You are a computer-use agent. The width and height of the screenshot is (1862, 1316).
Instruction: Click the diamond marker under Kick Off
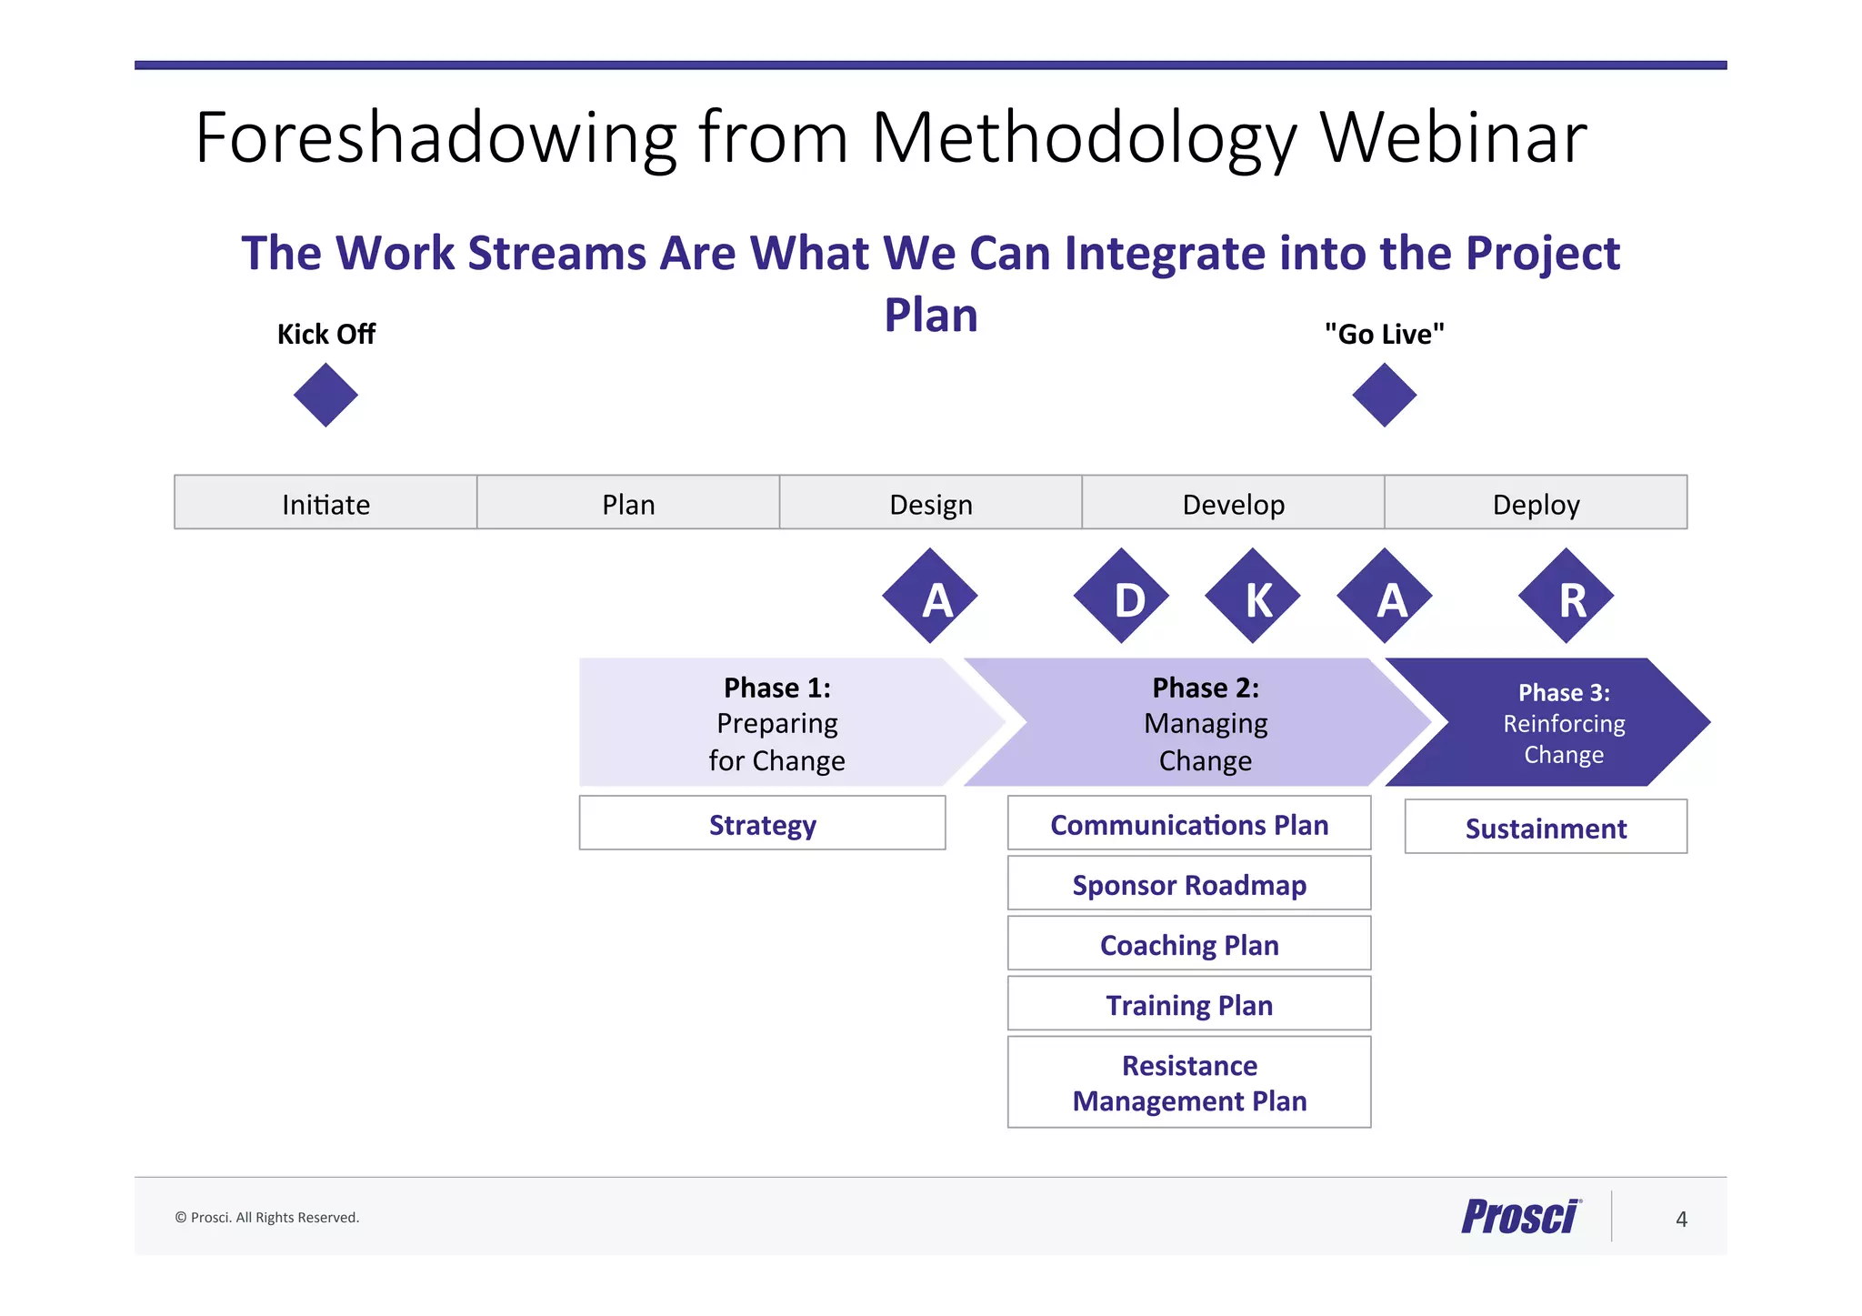click(325, 395)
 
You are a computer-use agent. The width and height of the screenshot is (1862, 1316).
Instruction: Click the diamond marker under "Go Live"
click(1384, 395)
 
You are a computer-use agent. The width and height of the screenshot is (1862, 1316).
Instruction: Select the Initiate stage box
click(325, 502)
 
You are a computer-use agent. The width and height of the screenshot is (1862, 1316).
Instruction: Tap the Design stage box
click(930, 502)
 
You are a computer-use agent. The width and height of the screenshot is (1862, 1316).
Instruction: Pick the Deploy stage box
click(1536, 502)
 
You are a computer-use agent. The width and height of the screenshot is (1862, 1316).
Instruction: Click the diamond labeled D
click(1121, 597)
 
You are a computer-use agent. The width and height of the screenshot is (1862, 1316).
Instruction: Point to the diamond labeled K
click(1253, 597)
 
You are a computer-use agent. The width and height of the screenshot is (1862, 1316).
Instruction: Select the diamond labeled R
click(1566, 597)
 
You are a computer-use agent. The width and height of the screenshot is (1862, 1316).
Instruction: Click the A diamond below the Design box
click(930, 597)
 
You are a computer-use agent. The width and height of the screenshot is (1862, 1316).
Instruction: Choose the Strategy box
click(762, 824)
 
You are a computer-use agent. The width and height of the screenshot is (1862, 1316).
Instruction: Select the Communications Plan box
click(1189, 824)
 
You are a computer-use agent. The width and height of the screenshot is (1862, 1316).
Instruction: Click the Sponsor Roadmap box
click(1189, 884)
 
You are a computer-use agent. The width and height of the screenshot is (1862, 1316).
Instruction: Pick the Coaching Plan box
click(1189, 944)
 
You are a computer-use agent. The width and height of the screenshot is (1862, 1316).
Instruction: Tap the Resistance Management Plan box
click(1189, 1082)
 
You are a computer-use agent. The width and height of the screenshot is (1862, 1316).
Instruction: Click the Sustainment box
click(1546, 828)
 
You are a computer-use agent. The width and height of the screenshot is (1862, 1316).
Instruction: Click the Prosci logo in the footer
click(1521, 1217)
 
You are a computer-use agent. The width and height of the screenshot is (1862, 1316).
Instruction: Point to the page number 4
click(1681, 1219)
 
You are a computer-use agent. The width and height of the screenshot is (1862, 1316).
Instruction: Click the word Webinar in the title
click(1453, 138)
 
